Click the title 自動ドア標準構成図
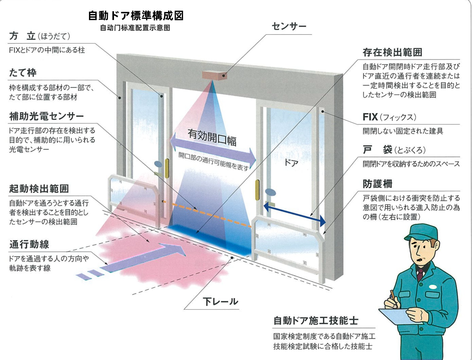(x=136, y=16)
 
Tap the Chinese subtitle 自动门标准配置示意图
(x=135, y=28)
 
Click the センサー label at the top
(x=289, y=27)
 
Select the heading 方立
(x=22, y=36)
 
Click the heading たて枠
(x=23, y=73)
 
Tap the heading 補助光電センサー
(x=46, y=116)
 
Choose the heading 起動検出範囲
(x=39, y=189)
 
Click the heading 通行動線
(x=29, y=244)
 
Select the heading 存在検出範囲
(x=392, y=52)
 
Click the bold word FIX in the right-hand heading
(x=370, y=117)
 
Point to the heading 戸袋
(x=377, y=150)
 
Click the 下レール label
(x=220, y=302)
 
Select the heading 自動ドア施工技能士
(x=316, y=320)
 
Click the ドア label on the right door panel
(x=291, y=163)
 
